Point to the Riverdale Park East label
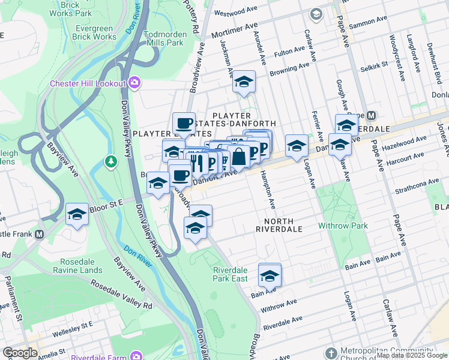pyautogui.click(x=231, y=274)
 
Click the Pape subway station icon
pyautogui.click(x=371, y=115)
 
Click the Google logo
pyautogui.click(x=20, y=352)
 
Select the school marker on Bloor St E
pyautogui.click(x=77, y=214)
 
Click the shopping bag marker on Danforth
pyautogui.click(x=239, y=157)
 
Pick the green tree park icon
pyautogui.click(x=110, y=161)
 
